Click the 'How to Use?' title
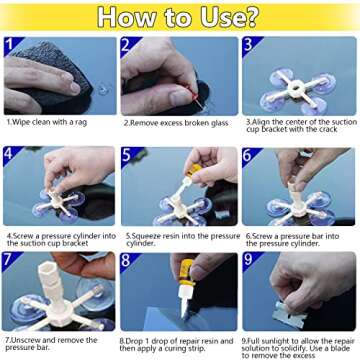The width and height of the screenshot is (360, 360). point(180,17)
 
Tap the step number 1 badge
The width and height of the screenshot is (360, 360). point(11,45)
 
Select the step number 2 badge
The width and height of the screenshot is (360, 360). point(128,45)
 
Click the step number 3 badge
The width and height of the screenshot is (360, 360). point(249,45)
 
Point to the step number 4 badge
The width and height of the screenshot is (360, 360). point(11,155)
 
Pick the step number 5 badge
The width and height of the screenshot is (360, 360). point(128,155)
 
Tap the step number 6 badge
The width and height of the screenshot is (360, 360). point(249,155)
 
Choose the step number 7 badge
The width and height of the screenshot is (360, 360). point(11,262)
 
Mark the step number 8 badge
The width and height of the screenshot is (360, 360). point(128,262)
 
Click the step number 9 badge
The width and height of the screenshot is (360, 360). point(249,262)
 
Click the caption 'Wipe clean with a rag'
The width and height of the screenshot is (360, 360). point(51,121)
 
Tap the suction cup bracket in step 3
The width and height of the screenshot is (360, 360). point(298,81)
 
